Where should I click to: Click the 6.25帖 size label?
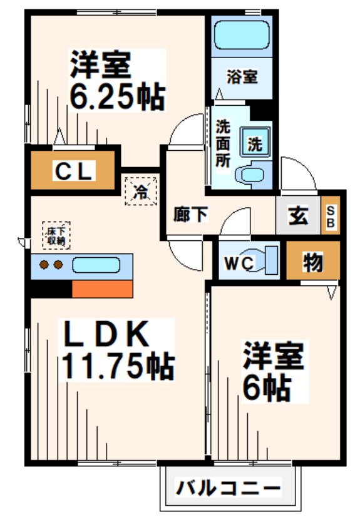click(x=117, y=97)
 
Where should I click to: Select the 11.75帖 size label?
click(x=116, y=366)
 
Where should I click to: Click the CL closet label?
click(x=73, y=170)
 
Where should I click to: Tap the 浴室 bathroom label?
click(x=241, y=78)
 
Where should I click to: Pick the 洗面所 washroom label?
click(x=222, y=143)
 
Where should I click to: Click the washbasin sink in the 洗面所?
click(x=253, y=175)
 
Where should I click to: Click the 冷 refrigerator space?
click(x=143, y=190)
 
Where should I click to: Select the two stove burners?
click(x=52, y=265)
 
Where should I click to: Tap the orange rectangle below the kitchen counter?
click(x=102, y=289)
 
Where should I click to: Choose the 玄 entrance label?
click(x=297, y=217)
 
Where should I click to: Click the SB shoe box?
click(x=330, y=217)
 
